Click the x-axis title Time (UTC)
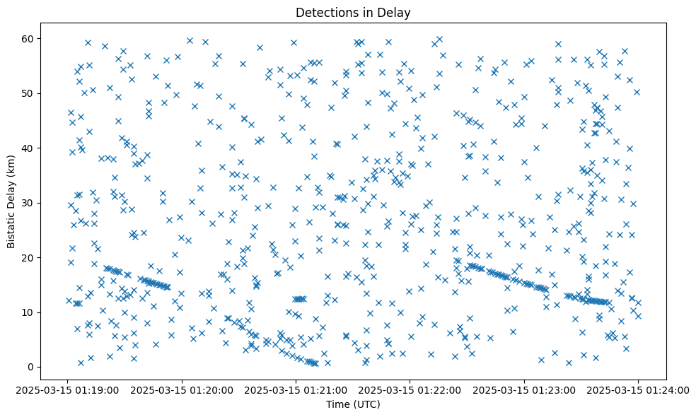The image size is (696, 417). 353,404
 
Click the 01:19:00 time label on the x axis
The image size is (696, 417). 68,390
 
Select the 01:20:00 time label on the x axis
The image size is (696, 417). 182,390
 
